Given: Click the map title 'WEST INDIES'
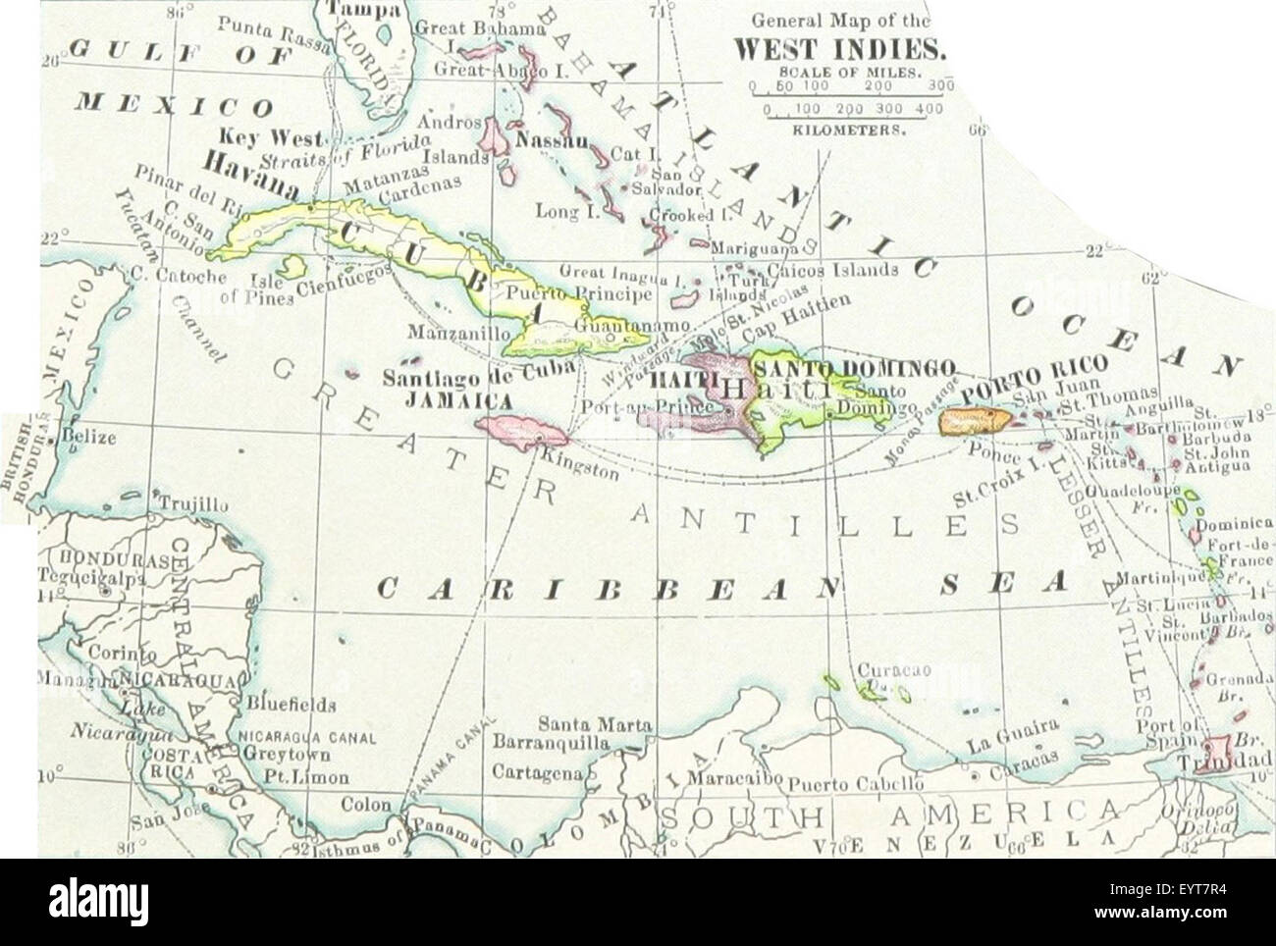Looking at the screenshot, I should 840,48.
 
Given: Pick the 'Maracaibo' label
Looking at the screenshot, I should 733,779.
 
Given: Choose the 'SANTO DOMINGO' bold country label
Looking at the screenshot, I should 853,367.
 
